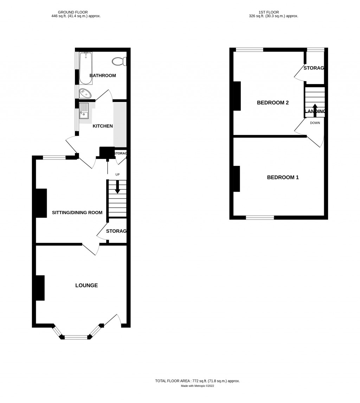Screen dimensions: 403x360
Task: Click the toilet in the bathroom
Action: point(119,62)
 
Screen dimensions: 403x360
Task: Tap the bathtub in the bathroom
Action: point(85,68)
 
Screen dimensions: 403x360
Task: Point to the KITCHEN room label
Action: point(103,126)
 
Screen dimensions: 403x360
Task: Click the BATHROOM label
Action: point(103,76)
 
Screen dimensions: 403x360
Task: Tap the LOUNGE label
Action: point(86,286)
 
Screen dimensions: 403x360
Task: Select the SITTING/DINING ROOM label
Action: point(77,212)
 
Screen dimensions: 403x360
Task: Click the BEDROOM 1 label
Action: point(283,177)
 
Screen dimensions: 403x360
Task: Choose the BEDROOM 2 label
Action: point(273,103)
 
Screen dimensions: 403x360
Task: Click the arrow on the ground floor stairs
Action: point(117,187)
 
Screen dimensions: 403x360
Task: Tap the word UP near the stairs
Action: point(117,174)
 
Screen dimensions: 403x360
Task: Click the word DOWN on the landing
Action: point(315,123)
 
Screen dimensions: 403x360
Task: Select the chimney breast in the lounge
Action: point(40,288)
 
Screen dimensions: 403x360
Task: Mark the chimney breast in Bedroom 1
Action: point(236,179)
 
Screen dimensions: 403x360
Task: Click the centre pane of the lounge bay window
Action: point(76,337)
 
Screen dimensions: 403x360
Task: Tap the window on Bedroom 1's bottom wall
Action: point(260,218)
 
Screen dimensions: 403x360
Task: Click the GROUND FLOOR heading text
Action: point(73,12)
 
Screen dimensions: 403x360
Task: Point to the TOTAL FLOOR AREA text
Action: point(197,381)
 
